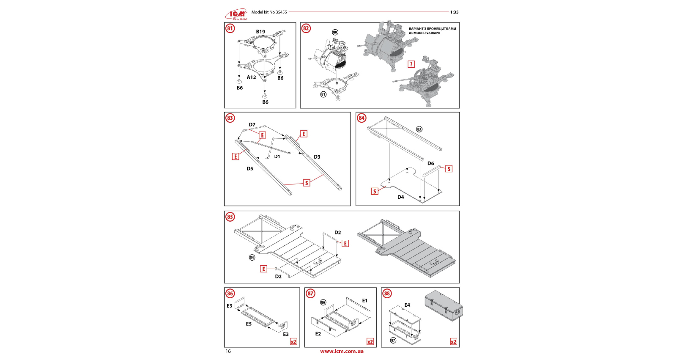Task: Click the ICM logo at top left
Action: pos(236,15)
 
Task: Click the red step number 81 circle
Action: pos(230,28)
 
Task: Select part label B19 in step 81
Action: pos(260,32)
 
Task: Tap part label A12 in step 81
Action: pos(252,77)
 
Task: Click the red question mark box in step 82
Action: pos(411,64)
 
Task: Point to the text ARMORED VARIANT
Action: pos(425,33)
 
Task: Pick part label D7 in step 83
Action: pos(252,125)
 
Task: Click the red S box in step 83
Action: pos(307,183)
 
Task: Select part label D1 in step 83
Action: pos(277,157)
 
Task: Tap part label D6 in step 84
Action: pos(430,163)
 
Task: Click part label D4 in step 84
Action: pos(400,197)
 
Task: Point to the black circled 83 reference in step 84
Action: pos(419,129)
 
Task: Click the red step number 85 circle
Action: pos(230,217)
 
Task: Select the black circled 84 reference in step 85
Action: pos(252,257)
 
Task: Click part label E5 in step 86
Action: pos(249,324)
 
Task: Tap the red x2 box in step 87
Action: pos(370,342)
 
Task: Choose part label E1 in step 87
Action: pos(364,301)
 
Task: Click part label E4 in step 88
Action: pos(407,305)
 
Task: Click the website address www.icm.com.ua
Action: pos(342,351)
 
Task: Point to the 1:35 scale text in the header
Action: pos(454,12)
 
